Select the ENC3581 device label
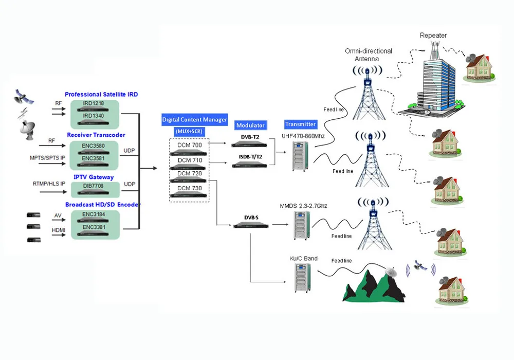95,158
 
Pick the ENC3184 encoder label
95,214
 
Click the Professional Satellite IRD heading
101,95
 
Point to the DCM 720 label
190,174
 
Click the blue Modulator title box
250,125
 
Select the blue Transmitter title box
300,124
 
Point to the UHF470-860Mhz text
304,136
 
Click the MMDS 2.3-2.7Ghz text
303,206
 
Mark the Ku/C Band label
303,258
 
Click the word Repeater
433,35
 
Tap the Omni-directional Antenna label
369,55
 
